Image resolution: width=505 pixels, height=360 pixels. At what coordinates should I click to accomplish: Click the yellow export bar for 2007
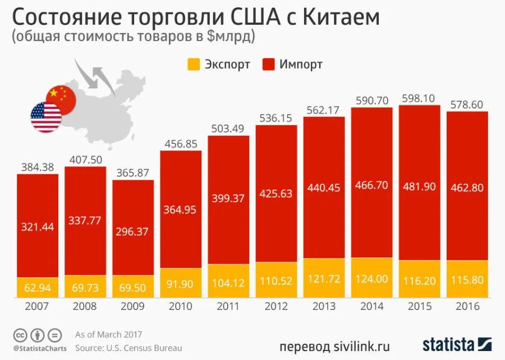pos(37,288)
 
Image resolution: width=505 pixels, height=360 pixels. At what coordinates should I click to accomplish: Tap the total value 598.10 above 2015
pos(419,98)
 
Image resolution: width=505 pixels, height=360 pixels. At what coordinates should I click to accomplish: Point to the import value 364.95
pos(181,209)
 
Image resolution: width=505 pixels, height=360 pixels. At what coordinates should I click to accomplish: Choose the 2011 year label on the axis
pos(228,307)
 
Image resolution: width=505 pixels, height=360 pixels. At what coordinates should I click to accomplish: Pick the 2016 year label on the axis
pos(467,307)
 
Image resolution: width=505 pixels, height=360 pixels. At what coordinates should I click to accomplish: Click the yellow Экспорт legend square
pos(193,64)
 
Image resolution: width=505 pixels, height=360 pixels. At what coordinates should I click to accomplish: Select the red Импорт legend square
pos(268,64)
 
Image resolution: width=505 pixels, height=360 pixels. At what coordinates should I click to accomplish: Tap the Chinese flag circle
pos(61,100)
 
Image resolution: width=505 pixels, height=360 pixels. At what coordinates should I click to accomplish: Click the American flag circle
pos(46,117)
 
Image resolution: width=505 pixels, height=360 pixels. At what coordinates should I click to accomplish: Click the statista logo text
pos(448,343)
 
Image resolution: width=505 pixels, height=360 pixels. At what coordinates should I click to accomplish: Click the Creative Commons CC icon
pos(20,335)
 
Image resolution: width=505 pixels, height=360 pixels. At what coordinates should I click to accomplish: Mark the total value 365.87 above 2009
pos(133,173)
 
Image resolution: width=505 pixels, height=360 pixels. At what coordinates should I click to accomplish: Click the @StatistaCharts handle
pos(39,348)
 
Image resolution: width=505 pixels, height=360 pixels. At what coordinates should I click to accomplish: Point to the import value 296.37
pos(133,231)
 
